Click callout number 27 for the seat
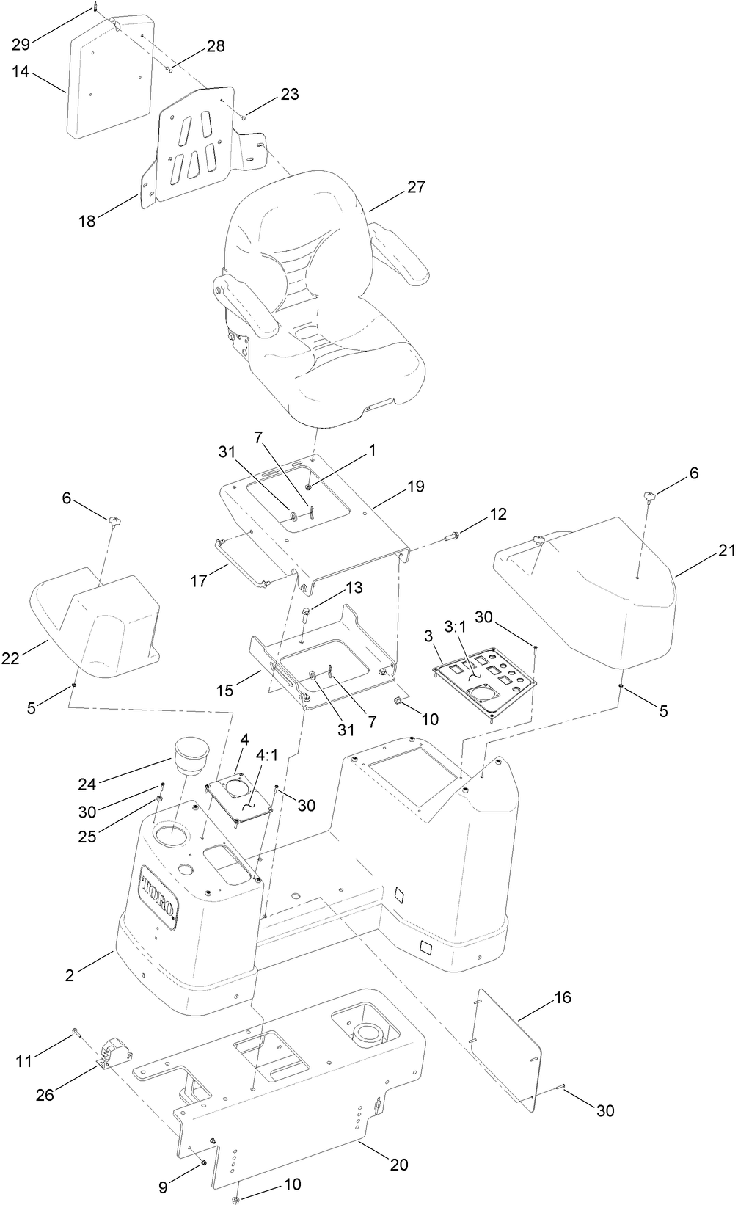coord(416,186)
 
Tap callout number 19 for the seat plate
coord(416,487)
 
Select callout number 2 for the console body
coord(70,975)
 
